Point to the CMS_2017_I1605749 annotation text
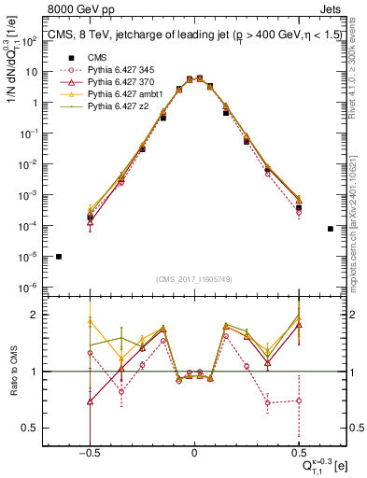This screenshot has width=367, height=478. tap(193, 280)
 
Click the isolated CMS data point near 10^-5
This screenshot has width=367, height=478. tap(59, 257)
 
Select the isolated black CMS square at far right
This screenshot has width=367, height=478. tap(331, 229)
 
